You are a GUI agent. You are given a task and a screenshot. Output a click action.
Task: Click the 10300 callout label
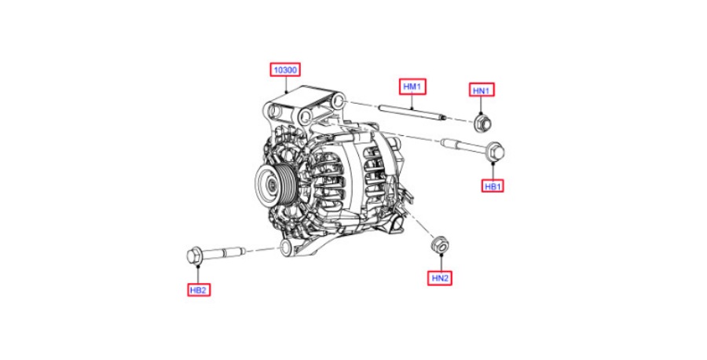[285, 70]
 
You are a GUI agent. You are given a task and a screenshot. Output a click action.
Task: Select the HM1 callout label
[412, 86]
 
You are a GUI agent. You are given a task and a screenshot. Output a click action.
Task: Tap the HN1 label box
[482, 90]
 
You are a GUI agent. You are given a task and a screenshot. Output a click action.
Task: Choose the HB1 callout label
[493, 186]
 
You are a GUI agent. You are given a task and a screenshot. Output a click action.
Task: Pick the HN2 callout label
[440, 278]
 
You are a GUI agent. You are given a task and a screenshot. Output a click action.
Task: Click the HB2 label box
[199, 289]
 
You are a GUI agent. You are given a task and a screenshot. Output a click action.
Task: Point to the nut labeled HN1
[482, 123]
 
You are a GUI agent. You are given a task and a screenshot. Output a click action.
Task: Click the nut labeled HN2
[440, 245]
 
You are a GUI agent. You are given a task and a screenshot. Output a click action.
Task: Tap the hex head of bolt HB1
[496, 151]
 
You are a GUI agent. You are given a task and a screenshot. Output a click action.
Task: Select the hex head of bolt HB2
[195, 255]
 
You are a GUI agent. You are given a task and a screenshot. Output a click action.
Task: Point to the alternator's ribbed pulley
[275, 182]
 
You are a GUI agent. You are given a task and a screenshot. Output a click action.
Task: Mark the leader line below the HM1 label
[412, 101]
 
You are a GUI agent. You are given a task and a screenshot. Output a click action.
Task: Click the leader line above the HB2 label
[198, 274]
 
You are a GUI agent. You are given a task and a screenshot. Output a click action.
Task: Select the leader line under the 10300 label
[286, 84]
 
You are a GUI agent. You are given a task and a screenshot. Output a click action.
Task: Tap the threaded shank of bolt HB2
[224, 252]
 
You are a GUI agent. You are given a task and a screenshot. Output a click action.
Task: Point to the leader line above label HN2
[441, 263]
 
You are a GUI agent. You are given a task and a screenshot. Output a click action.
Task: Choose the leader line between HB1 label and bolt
[493, 170]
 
